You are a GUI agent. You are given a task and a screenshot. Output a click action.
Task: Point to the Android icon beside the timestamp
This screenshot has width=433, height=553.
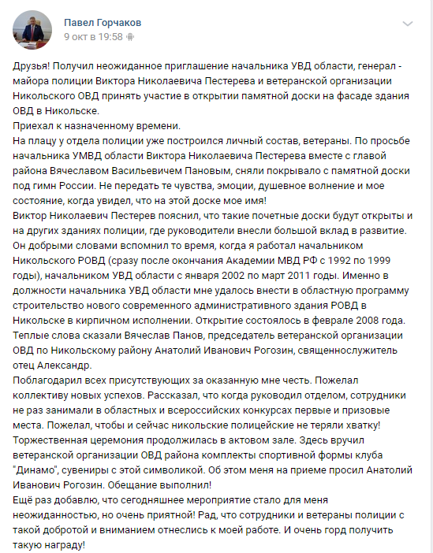(130, 37)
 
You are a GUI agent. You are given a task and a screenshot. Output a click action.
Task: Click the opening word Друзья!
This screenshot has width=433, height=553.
(36, 67)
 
